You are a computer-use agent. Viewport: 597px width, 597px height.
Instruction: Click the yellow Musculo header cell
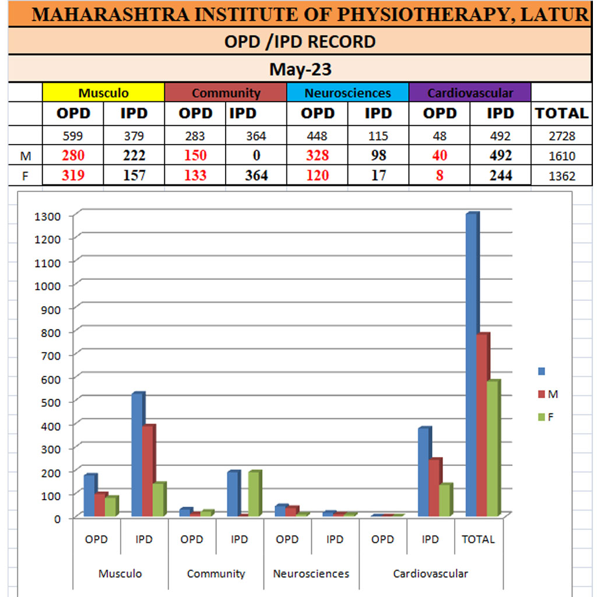pyautogui.click(x=103, y=93)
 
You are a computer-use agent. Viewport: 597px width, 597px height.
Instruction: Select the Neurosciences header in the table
pyautogui.click(x=347, y=93)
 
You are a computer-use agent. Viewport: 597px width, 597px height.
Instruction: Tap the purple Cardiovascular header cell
pyautogui.click(x=470, y=93)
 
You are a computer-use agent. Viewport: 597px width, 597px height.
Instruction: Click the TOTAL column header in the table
pyautogui.click(x=561, y=113)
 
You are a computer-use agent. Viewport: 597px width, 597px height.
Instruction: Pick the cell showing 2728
pyautogui.click(x=561, y=136)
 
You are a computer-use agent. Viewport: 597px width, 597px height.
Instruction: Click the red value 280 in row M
pyautogui.click(x=73, y=156)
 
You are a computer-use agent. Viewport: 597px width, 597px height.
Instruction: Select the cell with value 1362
pyautogui.click(x=561, y=175)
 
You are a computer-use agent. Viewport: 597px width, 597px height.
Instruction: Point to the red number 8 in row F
pyautogui.click(x=440, y=175)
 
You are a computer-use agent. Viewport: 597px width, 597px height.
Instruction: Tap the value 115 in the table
pyautogui.click(x=378, y=136)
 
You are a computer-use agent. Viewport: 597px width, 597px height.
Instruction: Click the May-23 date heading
pyautogui.click(x=300, y=70)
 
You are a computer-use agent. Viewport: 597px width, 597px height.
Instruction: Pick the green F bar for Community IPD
pyautogui.click(x=254, y=493)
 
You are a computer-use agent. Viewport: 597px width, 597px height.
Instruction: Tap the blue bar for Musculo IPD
pyautogui.click(x=138, y=455)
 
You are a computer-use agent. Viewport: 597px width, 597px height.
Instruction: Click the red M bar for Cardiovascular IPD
pyautogui.click(x=434, y=487)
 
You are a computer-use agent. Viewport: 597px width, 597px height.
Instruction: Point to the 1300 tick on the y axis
pyautogui.click(x=48, y=216)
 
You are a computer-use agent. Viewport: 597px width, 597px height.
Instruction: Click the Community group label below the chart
pyautogui.click(x=216, y=574)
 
